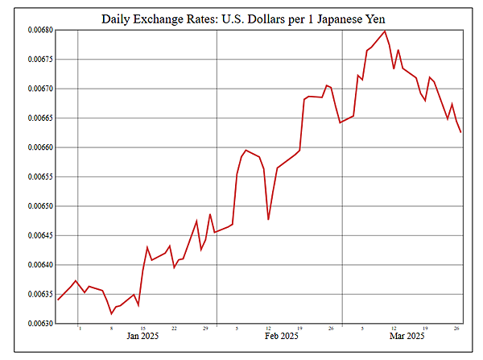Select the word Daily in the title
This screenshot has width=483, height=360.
pos(118,18)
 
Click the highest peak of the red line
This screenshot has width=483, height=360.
pos(386,31)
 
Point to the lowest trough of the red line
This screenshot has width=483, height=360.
pos(111,314)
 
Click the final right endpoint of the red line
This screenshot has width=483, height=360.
pos(460,133)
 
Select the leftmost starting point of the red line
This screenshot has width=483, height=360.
pos(58,300)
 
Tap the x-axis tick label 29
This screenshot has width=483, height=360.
pos(205,329)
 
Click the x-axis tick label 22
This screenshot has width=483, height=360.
pos(174,329)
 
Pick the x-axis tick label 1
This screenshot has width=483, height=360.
pos(80,329)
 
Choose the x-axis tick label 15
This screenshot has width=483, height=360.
pos(142,329)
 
